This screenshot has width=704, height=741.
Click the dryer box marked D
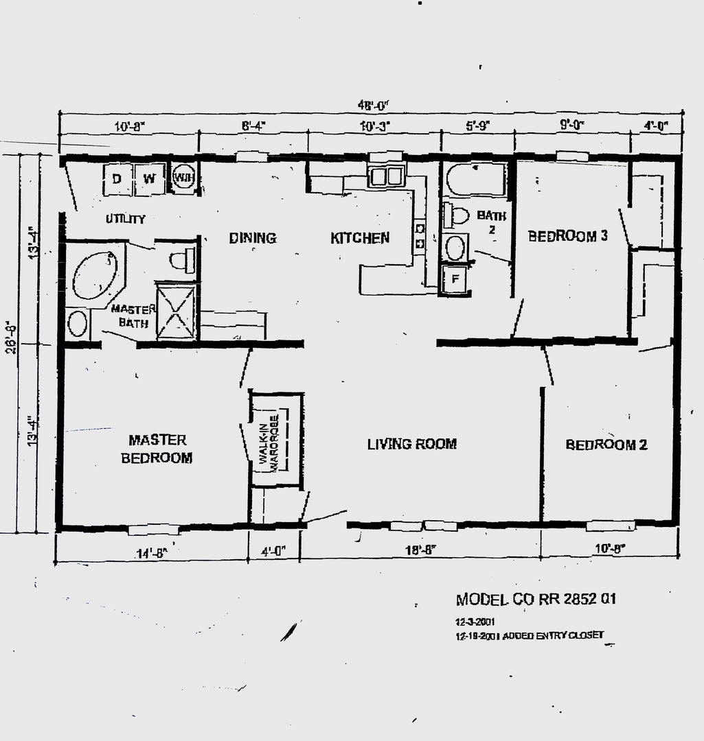point(117,179)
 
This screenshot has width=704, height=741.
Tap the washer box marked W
point(149,179)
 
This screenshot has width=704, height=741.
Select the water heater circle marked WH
point(183,178)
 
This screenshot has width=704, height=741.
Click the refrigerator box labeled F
point(453,280)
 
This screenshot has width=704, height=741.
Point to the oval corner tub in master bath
point(95,275)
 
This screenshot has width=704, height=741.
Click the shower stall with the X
point(177,310)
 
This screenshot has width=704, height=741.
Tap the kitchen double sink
point(386,176)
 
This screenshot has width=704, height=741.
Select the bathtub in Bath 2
point(477,179)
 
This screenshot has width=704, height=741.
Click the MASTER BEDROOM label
point(157,449)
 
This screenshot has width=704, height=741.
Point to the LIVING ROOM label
point(411,444)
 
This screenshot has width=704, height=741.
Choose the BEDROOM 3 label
point(567,237)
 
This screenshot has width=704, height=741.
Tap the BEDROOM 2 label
point(606,445)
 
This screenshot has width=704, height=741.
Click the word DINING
point(252,238)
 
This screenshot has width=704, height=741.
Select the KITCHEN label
point(360,238)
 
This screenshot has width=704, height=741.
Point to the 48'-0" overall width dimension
point(374,105)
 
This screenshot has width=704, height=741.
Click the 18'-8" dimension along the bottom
point(420,550)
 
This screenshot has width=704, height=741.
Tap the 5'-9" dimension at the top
point(476,126)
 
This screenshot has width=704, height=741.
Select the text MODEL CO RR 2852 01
point(536,599)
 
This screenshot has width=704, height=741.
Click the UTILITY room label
point(125,220)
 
